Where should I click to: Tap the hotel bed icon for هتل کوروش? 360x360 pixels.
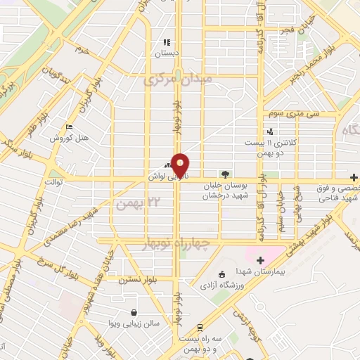(x=68, y=127)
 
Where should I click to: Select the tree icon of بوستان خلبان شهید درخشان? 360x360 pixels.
(x=225, y=173)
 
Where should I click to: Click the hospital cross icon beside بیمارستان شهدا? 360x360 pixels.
(x=260, y=260)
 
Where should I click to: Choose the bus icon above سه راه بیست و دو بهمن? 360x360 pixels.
(x=200, y=328)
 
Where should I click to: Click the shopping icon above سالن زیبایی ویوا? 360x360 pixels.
(x=134, y=311)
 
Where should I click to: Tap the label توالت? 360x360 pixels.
(x=54, y=181)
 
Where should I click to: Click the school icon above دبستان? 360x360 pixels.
(x=167, y=43)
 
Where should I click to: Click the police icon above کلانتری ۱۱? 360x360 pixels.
(x=270, y=131)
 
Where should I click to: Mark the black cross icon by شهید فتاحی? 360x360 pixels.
(x=354, y=178)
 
